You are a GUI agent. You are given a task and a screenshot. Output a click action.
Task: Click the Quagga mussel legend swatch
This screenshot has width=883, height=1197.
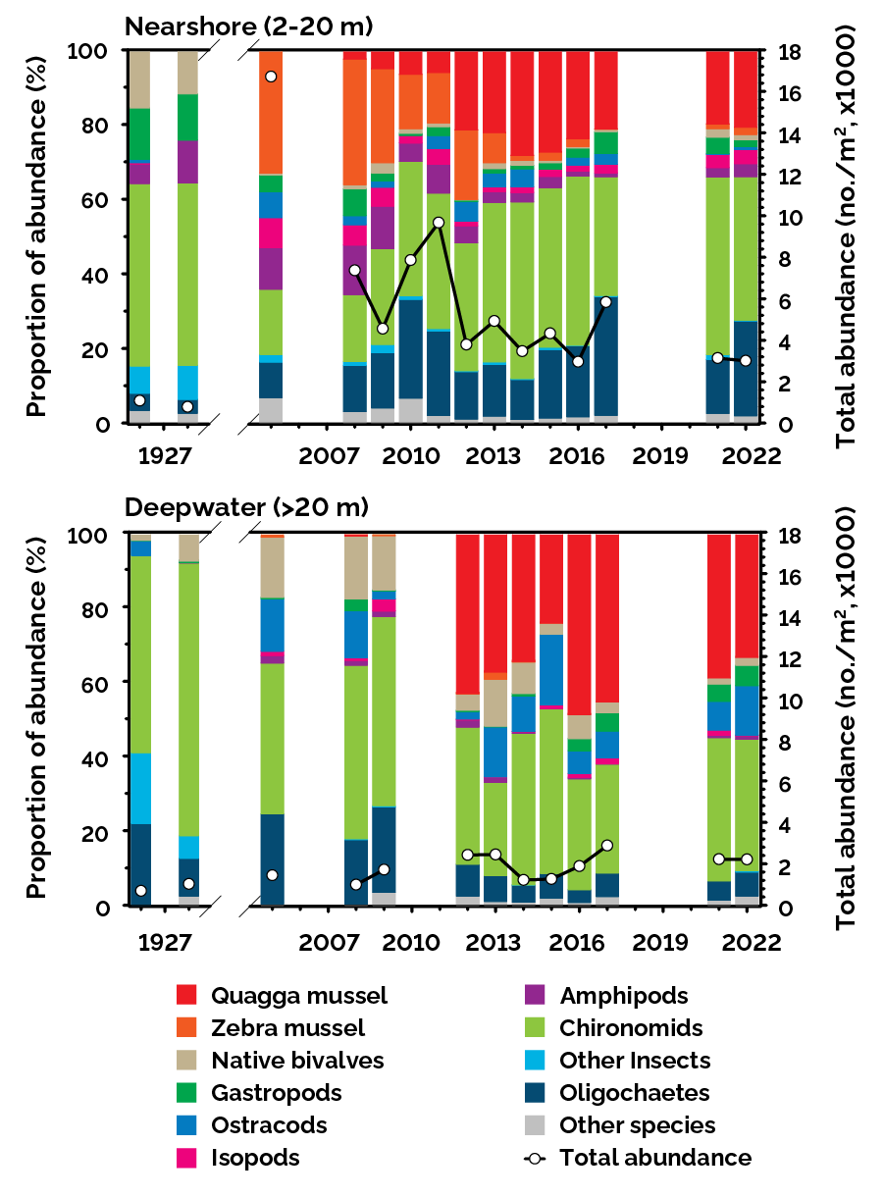click(190, 996)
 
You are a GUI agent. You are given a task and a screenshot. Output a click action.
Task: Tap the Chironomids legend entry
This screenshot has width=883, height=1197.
click(631, 1028)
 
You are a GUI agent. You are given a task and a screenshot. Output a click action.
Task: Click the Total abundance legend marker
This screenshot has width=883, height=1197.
click(536, 1158)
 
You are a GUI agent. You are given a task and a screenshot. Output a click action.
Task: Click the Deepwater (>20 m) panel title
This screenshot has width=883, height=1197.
click(245, 508)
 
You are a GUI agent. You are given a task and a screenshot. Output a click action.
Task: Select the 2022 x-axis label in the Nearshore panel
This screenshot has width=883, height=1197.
click(748, 457)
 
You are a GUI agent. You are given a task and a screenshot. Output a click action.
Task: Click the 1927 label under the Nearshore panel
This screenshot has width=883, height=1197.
click(164, 457)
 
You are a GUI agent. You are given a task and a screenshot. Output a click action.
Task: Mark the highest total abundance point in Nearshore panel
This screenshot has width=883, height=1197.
click(271, 77)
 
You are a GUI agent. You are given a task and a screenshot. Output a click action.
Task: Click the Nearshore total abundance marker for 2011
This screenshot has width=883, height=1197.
click(439, 223)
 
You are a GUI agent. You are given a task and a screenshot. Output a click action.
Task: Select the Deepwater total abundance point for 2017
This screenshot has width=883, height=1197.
click(606, 845)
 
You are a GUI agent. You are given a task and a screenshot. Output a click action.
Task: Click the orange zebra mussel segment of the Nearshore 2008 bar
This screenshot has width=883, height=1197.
click(355, 123)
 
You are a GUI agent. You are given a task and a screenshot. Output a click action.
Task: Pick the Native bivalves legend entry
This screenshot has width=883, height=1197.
click(297, 1061)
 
